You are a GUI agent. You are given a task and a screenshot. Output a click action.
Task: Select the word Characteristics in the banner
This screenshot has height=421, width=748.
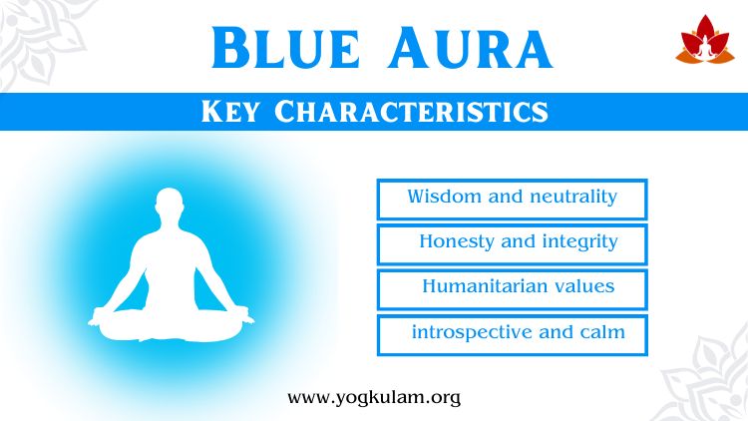click(x=411, y=112)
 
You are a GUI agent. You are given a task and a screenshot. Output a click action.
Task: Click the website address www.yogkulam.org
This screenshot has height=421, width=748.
click(x=374, y=397)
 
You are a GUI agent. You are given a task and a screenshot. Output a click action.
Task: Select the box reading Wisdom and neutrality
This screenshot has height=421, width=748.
click(x=512, y=199)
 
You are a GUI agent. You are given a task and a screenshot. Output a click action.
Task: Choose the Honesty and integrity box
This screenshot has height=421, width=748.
click(x=512, y=243)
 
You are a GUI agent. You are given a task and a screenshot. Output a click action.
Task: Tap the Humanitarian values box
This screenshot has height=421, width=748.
click(x=512, y=288)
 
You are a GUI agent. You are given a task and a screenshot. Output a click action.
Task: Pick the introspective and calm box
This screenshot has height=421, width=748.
click(x=512, y=334)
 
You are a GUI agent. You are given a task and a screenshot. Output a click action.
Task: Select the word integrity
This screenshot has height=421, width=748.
click(x=579, y=242)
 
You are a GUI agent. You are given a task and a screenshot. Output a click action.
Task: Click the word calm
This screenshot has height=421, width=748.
click(x=601, y=331)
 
